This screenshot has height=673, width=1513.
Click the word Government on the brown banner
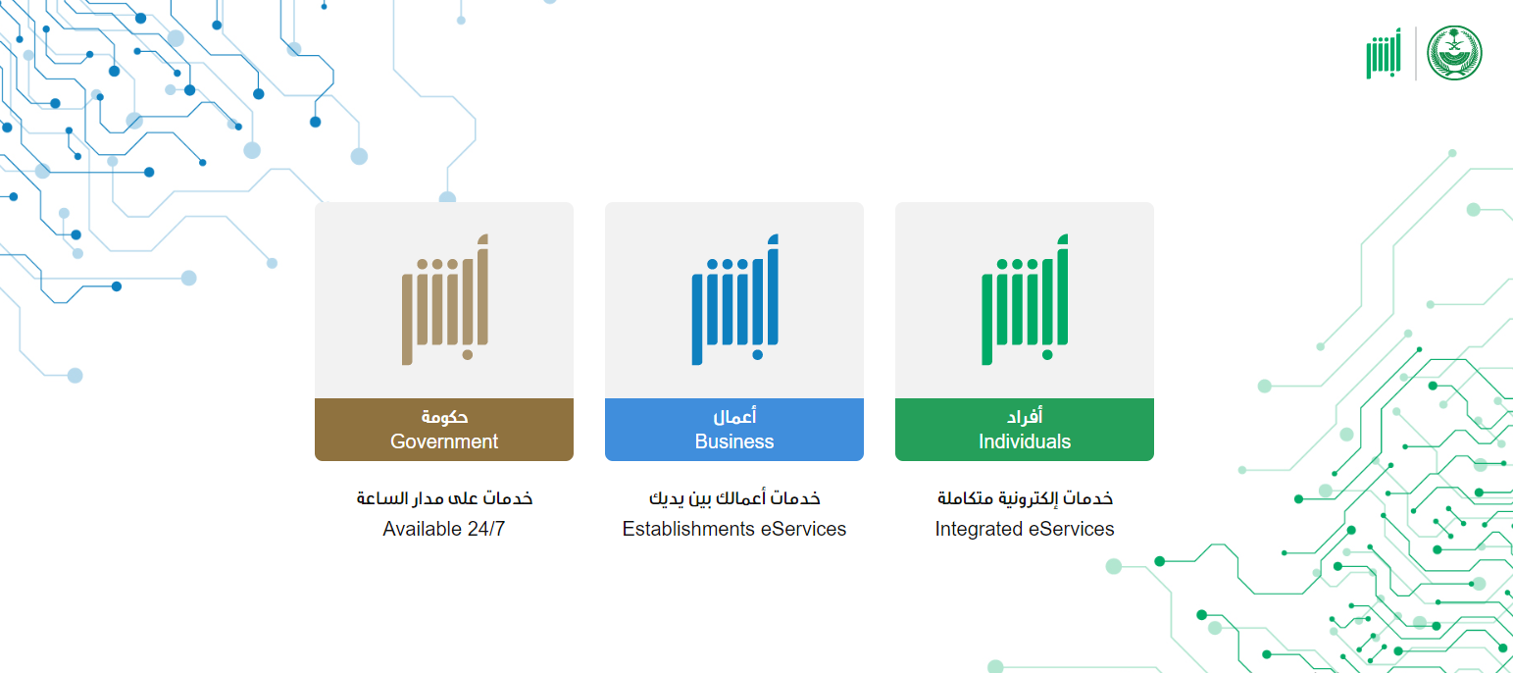444,441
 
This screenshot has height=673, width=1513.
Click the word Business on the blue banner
734,441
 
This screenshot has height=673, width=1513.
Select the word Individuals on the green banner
1025,441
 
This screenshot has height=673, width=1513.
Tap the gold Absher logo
445,299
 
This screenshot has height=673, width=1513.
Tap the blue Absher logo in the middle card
734,299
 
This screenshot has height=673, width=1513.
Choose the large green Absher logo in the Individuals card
1025,299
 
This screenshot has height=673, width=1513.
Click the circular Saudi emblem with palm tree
1454,53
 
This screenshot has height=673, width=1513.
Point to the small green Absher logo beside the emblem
1384,53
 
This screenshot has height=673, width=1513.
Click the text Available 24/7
444,529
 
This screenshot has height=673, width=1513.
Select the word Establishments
688,529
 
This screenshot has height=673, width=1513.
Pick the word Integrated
972,529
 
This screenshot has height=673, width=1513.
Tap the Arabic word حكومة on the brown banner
444,417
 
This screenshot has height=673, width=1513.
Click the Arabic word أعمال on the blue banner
734,416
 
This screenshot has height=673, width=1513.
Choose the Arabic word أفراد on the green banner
1025,416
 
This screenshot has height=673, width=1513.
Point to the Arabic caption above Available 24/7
444,498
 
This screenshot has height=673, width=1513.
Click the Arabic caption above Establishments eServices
734,498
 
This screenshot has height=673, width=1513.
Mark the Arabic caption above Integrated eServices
1025,498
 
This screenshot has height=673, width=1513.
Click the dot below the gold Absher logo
468,355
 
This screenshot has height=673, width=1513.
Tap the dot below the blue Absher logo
757,355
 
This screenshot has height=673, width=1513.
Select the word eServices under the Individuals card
1065,529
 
